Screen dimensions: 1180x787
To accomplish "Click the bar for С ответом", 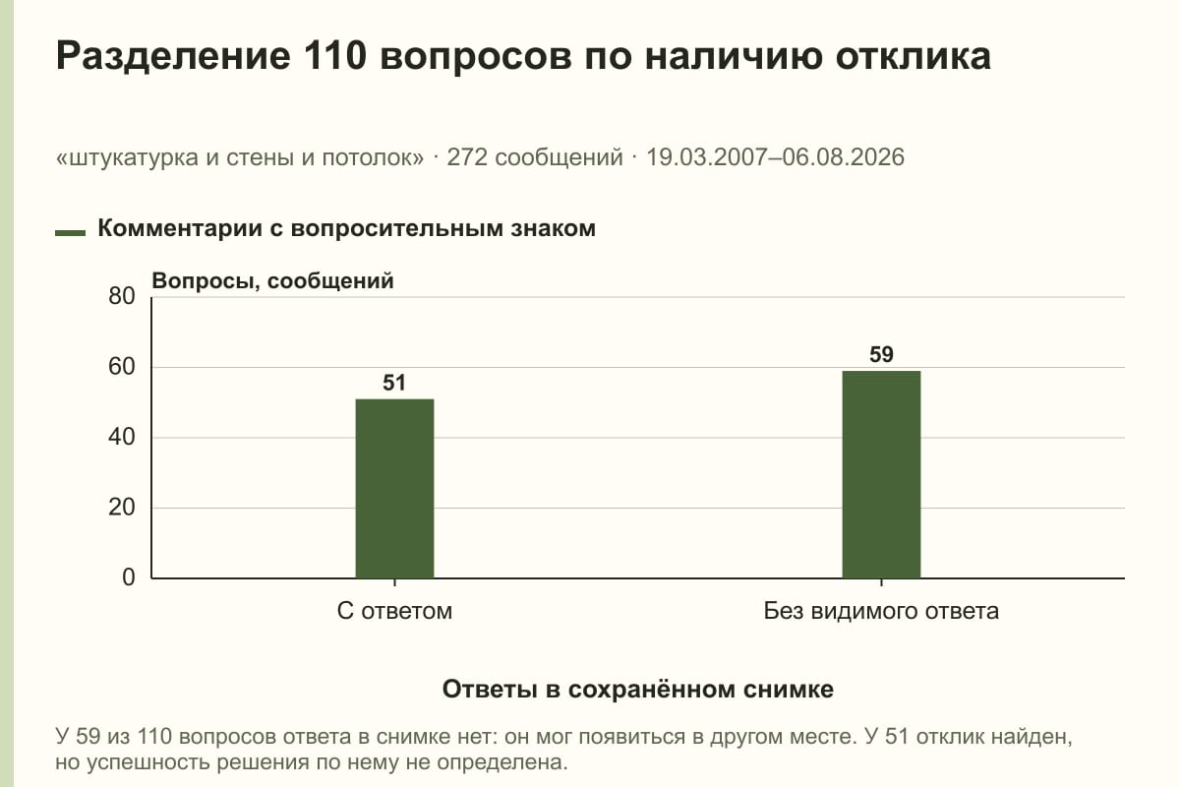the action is pos(394,489).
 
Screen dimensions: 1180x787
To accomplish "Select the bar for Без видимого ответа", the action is pos(881,474).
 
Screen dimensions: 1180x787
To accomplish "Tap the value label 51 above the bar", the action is pos(394,383).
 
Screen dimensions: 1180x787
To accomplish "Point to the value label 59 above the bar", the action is pos(881,354).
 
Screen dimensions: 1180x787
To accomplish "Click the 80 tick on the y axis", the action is pos(122,296).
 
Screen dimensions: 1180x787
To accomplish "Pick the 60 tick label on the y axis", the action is pos(122,367).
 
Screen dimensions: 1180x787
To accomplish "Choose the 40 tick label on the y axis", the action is pos(122,437).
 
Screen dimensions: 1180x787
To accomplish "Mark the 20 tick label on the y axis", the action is pos(122,508).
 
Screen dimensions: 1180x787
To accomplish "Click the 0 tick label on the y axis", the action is pos(129,577).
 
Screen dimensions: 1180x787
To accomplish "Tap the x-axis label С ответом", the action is pos(394,611).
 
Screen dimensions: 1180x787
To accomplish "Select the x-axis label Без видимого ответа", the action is pos(881,611).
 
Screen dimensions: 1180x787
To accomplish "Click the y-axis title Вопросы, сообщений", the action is pos(273,281).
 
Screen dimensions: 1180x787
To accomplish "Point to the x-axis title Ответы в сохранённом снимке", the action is pos(638,689).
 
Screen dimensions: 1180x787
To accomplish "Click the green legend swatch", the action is pos(70,232).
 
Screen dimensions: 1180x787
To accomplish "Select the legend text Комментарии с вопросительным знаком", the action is pos(346,228).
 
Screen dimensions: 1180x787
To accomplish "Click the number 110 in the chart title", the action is pos(335,55).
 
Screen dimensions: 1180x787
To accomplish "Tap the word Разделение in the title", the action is pos(173,57).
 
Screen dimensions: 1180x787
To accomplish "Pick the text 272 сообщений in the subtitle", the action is pos(535,157).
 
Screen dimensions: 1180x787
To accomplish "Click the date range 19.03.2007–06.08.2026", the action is pos(775,157).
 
